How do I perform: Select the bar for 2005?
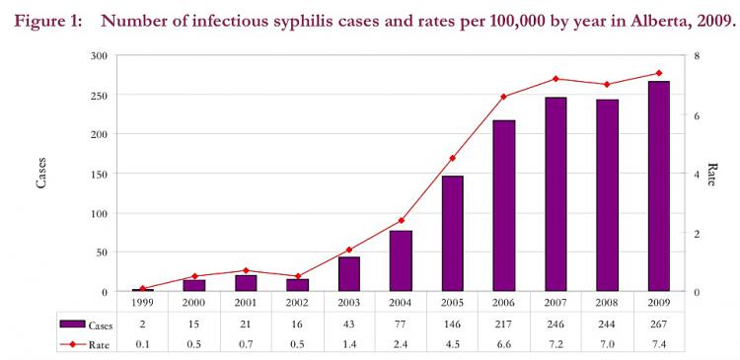coord(453,234)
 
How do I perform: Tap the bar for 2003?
coord(349,274)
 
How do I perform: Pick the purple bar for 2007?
coord(555,194)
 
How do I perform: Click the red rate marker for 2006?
coord(504,97)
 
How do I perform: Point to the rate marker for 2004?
coord(401,220)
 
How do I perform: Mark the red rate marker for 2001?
coord(246,270)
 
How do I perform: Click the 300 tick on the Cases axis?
coord(98,56)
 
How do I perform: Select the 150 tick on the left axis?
coord(98,174)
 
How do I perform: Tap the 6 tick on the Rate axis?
coord(697,115)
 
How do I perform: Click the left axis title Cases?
coord(40,174)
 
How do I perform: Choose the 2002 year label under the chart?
coord(297,303)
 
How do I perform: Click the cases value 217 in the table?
coord(504,324)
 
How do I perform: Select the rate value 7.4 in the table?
coord(658,343)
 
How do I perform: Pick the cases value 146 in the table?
coord(453,324)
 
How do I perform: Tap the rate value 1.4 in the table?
coord(349,343)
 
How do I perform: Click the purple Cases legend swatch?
coord(71,324)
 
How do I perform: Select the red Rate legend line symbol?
coord(71,343)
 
